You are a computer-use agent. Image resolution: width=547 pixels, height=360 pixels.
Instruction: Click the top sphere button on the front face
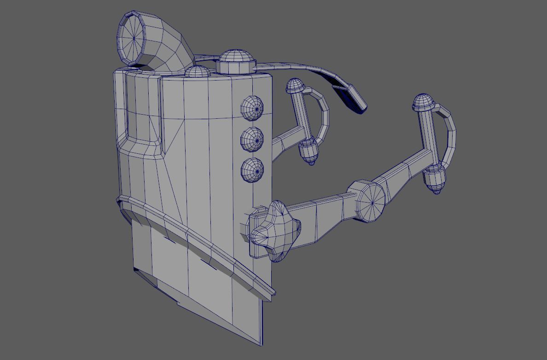click(252, 107)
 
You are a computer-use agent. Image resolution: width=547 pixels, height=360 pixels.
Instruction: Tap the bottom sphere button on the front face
click(252, 169)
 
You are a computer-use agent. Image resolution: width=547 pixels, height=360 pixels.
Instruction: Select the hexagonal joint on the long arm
click(367, 201)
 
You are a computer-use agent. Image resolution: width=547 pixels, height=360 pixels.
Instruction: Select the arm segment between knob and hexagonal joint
click(322, 215)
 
